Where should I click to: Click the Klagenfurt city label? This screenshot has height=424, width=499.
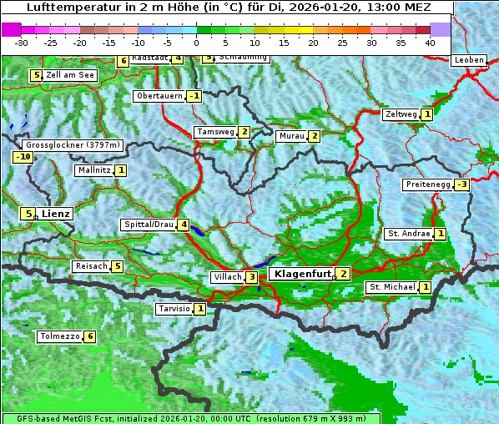tap(300, 273)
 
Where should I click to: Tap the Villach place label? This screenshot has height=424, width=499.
tap(227, 277)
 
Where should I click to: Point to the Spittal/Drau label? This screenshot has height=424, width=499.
tap(148, 225)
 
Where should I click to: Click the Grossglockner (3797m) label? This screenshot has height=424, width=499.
tap(73, 145)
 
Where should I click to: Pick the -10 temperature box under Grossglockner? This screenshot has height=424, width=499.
tap(23, 157)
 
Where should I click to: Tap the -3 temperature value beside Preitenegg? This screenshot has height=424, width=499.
tap(461, 184)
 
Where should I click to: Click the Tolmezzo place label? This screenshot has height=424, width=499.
tap(59, 337)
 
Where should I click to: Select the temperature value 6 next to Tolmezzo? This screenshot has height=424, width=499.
tap(89, 337)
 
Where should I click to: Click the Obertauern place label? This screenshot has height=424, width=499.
tap(159, 96)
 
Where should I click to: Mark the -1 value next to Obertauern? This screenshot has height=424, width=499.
tap(194, 96)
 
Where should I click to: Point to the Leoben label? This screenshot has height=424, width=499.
tap(468, 60)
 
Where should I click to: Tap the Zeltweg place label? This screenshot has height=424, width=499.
tap(400, 114)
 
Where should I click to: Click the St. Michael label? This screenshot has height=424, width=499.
tap(391, 287)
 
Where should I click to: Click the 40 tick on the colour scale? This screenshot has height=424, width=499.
tap(430, 42)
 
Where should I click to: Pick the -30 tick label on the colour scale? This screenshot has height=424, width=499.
tap(22, 42)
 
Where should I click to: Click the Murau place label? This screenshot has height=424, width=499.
tap(290, 136)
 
